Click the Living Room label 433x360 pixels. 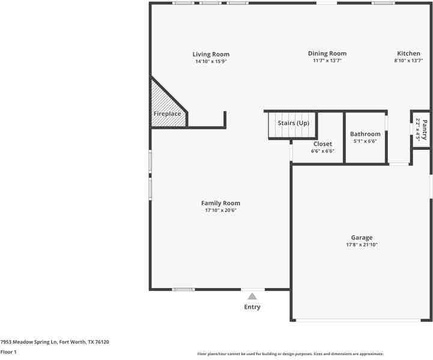pyautogui.click(x=211, y=54)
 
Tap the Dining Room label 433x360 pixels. pyautogui.click(x=327, y=53)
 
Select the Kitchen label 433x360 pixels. pyautogui.click(x=408, y=53)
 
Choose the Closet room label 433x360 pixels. pyautogui.click(x=322, y=144)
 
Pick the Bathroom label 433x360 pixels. pyautogui.click(x=365, y=134)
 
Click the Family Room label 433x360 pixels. pyautogui.click(x=220, y=203)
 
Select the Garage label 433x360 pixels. pyautogui.click(x=362, y=238)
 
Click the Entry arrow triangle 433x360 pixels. pyautogui.click(x=252, y=296)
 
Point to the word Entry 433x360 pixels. pyautogui.click(x=252, y=307)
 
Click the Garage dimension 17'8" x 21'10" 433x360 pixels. pyautogui.click(x=362, y=245)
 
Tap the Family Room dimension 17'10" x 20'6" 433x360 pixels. pyautogui.click(x=220, y=211)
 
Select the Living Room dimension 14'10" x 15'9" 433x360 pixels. pyautogui.click(x=211, y=61)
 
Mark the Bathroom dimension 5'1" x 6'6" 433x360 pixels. pyautogui.click(x=365, y=142)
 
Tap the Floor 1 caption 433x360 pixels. pyautogui.click(x=8, y=352)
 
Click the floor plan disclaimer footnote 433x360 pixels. pyautogui.click(x=290, y=354)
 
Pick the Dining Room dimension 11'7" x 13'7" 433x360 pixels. pyautogui.click(x=327, y=61)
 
